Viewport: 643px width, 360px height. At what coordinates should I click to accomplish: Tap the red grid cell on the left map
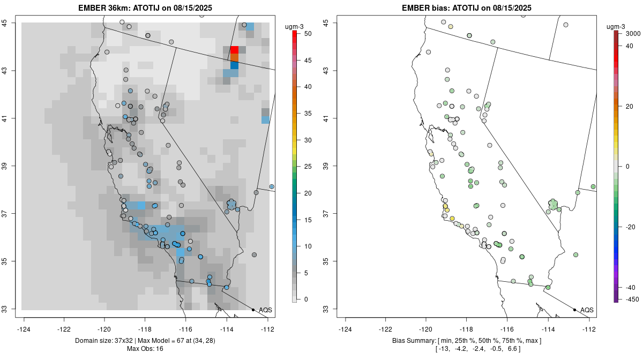click(x=234, y=50)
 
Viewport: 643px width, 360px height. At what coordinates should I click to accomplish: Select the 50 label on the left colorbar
click(x=308, y=34)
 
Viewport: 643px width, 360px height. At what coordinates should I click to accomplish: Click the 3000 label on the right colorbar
click(x=632, y=34)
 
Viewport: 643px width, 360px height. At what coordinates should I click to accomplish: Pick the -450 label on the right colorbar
click(x=631, y=299)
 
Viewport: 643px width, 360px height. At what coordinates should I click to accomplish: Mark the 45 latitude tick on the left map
click(x=11, y=23)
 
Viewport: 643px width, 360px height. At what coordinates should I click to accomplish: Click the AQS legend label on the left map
click(x=265, y=310)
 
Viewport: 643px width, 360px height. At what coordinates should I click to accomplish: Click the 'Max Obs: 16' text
click(x=145, y=349)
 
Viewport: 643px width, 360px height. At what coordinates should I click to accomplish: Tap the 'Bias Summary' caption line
click(x=467, y=341)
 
